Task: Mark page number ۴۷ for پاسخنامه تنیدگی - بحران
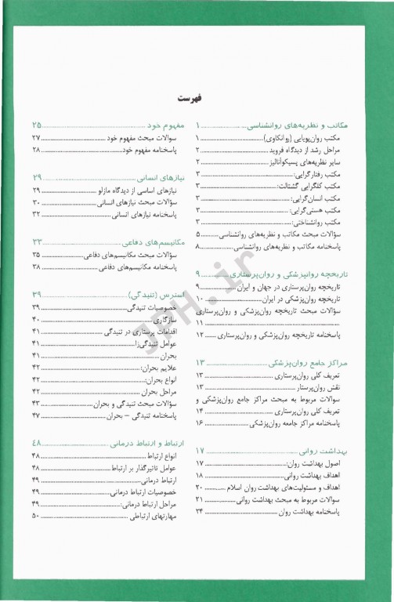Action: point(35,415)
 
